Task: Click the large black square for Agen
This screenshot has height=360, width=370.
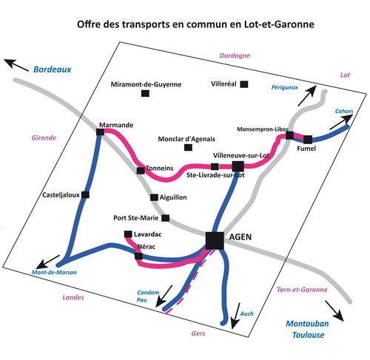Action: (215, 240)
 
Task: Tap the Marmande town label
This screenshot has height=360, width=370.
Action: (116, 125)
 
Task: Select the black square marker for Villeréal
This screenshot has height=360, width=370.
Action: (244, 84)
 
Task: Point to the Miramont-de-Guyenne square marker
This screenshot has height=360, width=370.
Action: (145, 93)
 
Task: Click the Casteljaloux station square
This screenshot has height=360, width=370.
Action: (85, 194)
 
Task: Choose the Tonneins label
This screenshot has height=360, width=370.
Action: (160, 168)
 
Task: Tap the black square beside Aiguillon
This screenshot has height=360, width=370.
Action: (154, 197)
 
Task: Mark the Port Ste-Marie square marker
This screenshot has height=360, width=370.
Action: (166, 218)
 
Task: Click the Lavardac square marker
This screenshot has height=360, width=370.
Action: (128, 234)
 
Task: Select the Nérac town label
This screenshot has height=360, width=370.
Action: (147, 246)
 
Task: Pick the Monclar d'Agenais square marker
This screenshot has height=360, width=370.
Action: (188, 147)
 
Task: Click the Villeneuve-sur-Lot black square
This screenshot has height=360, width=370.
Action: (238, 166)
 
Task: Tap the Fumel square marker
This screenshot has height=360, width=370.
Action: (308, 140)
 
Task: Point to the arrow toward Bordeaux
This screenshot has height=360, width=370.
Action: (16, 65)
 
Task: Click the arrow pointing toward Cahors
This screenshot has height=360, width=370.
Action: (341, 122)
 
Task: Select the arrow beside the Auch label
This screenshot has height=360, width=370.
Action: (235, 316)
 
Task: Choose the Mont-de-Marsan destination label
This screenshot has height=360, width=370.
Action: (54, 272)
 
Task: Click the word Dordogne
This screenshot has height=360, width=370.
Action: (235, 55)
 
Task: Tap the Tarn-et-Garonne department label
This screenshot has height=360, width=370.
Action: (302, 290)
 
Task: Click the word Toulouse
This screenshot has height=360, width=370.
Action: (309, 335)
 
